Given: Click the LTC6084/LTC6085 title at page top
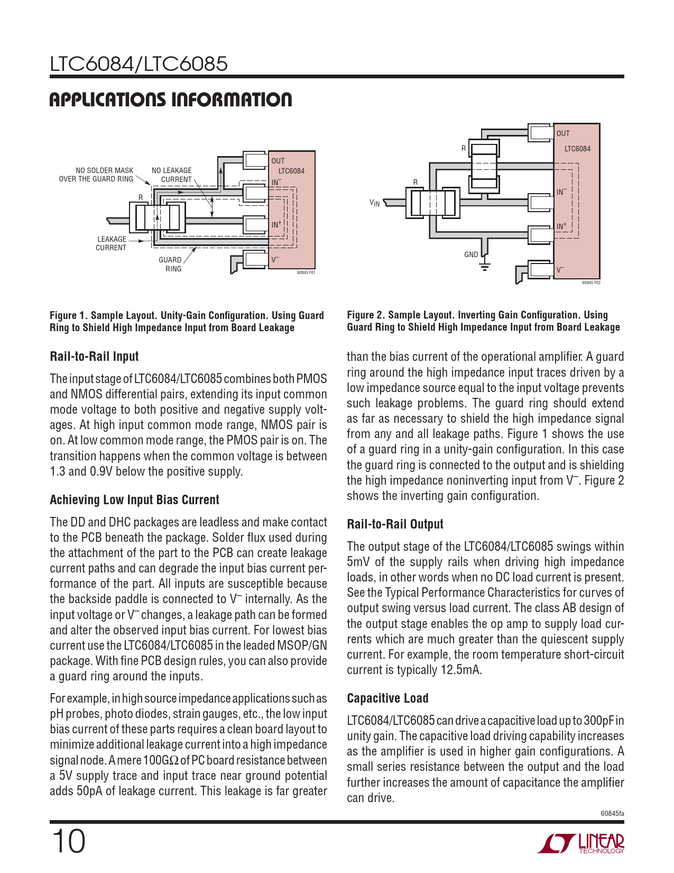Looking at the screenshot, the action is click(139, 63).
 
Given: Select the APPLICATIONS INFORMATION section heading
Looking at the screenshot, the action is click(171, 99).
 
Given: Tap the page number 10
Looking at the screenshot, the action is click(68, 842).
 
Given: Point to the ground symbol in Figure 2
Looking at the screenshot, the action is click(485, 266).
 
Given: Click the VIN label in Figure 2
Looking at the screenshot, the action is click(375, 203).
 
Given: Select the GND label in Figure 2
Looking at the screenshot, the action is click(471, 254).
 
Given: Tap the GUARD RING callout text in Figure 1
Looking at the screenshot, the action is click(171, 265).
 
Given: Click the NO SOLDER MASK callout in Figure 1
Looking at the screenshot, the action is click(96, 175).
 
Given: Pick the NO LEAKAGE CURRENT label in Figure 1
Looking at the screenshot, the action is click(172, 175).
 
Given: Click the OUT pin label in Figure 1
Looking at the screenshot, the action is click(278, 161).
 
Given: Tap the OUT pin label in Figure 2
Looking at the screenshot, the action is click(563, 133).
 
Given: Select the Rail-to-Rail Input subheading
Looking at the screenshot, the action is click(94, 357).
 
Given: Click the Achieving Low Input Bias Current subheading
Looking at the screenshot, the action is click(134, 500).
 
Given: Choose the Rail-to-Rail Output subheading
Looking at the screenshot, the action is click(395, 524).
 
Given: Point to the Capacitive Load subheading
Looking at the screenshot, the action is click(388, 698).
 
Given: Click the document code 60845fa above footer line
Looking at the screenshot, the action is click(612, 814).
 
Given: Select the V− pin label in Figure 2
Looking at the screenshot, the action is click(560, 270).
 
